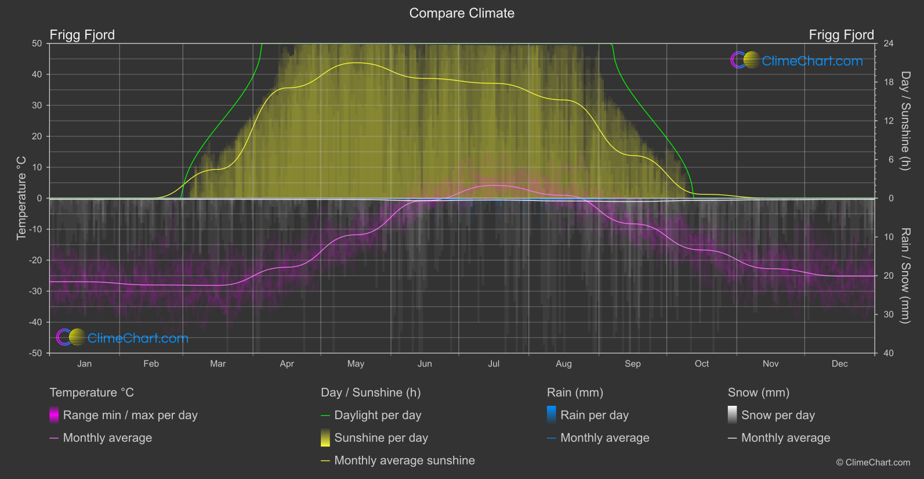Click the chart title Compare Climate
click(462, 13)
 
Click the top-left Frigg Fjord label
click(82, 35)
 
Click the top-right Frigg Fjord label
click(841, 35)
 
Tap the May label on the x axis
click(356, 364)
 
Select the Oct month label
click(702, 364)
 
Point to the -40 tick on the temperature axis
click(35, 322)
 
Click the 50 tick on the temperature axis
click(37, 44)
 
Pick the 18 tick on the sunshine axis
click(889, 82)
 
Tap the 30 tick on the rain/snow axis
click(889, 315)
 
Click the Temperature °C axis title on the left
click(21, 198)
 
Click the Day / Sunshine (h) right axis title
click(905, 121)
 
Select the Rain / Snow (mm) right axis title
click(905, 276)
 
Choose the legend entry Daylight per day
click(378, 415)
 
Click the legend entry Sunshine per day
click(381, 438)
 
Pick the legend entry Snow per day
click(778, 415)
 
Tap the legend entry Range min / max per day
click(130, 415)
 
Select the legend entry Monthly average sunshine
click(404, 460)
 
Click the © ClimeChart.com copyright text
click(873, 463)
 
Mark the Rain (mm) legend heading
click(575, 392)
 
